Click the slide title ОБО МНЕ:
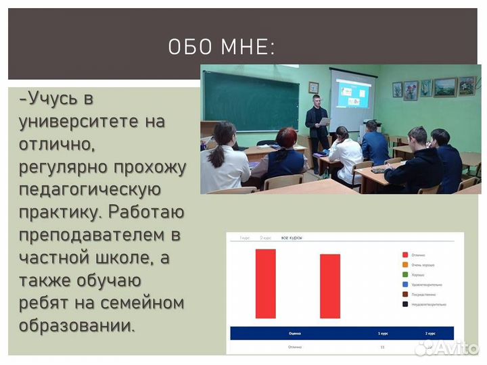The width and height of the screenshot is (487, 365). click(x=221, y=47)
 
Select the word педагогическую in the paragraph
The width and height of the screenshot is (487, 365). click(x=89, y=189)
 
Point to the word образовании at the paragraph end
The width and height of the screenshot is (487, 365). click(x=76, y=325)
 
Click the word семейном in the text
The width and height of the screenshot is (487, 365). click(x=142, y=302)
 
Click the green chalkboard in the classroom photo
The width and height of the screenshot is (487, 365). click(x=250, y=101)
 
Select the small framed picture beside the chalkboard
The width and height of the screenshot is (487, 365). click(x=313, y=87)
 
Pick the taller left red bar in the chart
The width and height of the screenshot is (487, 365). click(x=265, y=283)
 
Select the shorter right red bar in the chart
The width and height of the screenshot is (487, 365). click(x=329, y=286)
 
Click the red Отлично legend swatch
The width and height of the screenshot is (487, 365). click(x=404, y=255)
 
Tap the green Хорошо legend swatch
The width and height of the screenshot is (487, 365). click(x=404, y=274)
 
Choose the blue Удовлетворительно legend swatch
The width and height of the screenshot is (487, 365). click(x=404, y=285)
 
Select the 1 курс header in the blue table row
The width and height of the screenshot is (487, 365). click(x=383, y=333)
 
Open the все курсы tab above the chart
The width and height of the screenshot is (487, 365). click(x=292, y=239)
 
